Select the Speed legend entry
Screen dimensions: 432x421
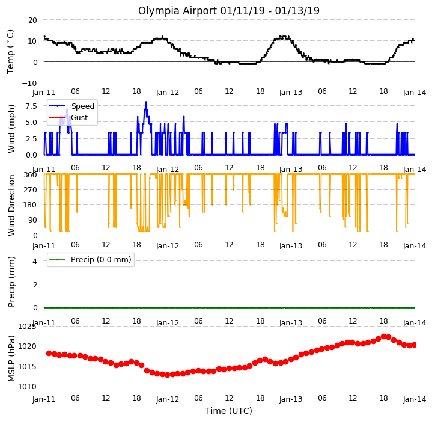coord(71,106)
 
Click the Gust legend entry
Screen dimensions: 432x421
coord(68,118)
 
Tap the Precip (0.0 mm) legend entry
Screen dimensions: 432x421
coord(90,260)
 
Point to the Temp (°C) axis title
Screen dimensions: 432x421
coord(10,52)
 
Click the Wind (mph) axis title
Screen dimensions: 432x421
coord(11,129)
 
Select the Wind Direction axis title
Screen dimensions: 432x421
coord(11,206)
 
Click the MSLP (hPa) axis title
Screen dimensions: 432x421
coord(11,358)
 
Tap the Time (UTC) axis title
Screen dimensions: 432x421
coord(229,411)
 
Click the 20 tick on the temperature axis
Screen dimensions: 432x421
coord(32,20)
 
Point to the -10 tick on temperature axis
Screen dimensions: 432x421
coord(29,83)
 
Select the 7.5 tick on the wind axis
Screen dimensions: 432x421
coord(31,106)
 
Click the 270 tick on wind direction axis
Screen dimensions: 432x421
coord(31,190)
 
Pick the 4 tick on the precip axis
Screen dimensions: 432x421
coord(35,261)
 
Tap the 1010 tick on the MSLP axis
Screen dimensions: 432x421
coord(27,387)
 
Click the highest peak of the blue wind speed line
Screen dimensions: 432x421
coord(146,102)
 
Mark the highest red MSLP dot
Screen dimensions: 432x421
coord(383,337)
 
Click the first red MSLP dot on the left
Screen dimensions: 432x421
coord(49,354)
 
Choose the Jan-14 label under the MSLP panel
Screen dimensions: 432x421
coord(415,399)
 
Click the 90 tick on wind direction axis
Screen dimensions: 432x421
coord(33,220)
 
